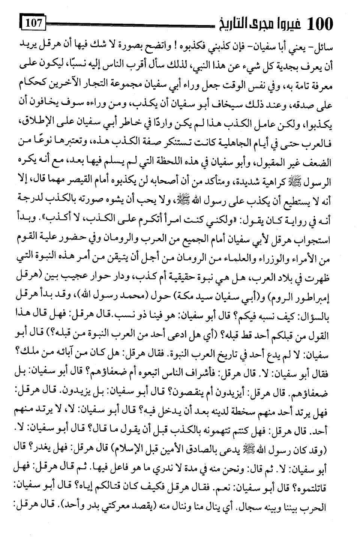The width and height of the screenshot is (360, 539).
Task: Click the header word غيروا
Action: pos(286,25)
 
